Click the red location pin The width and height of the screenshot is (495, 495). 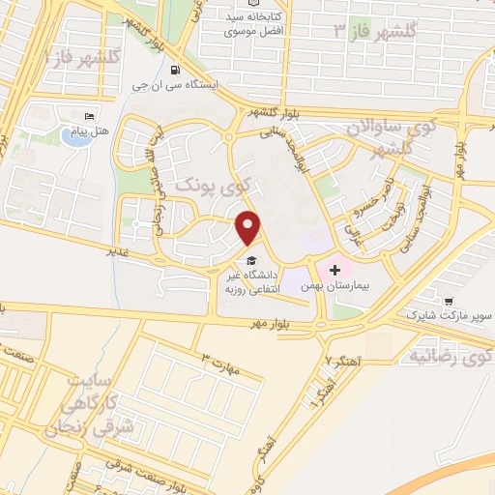(249, 226)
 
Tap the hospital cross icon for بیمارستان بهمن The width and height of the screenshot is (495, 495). (335, 268)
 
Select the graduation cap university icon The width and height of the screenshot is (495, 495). (251, 260)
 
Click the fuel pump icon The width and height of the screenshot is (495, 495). (174, 69)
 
